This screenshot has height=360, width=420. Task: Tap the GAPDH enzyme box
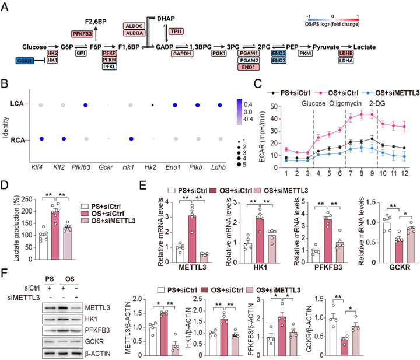(181, 53)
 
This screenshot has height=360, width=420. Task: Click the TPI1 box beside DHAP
(175, 31)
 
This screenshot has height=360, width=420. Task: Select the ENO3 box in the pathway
(279, 53)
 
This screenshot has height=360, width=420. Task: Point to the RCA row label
(20, 139)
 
